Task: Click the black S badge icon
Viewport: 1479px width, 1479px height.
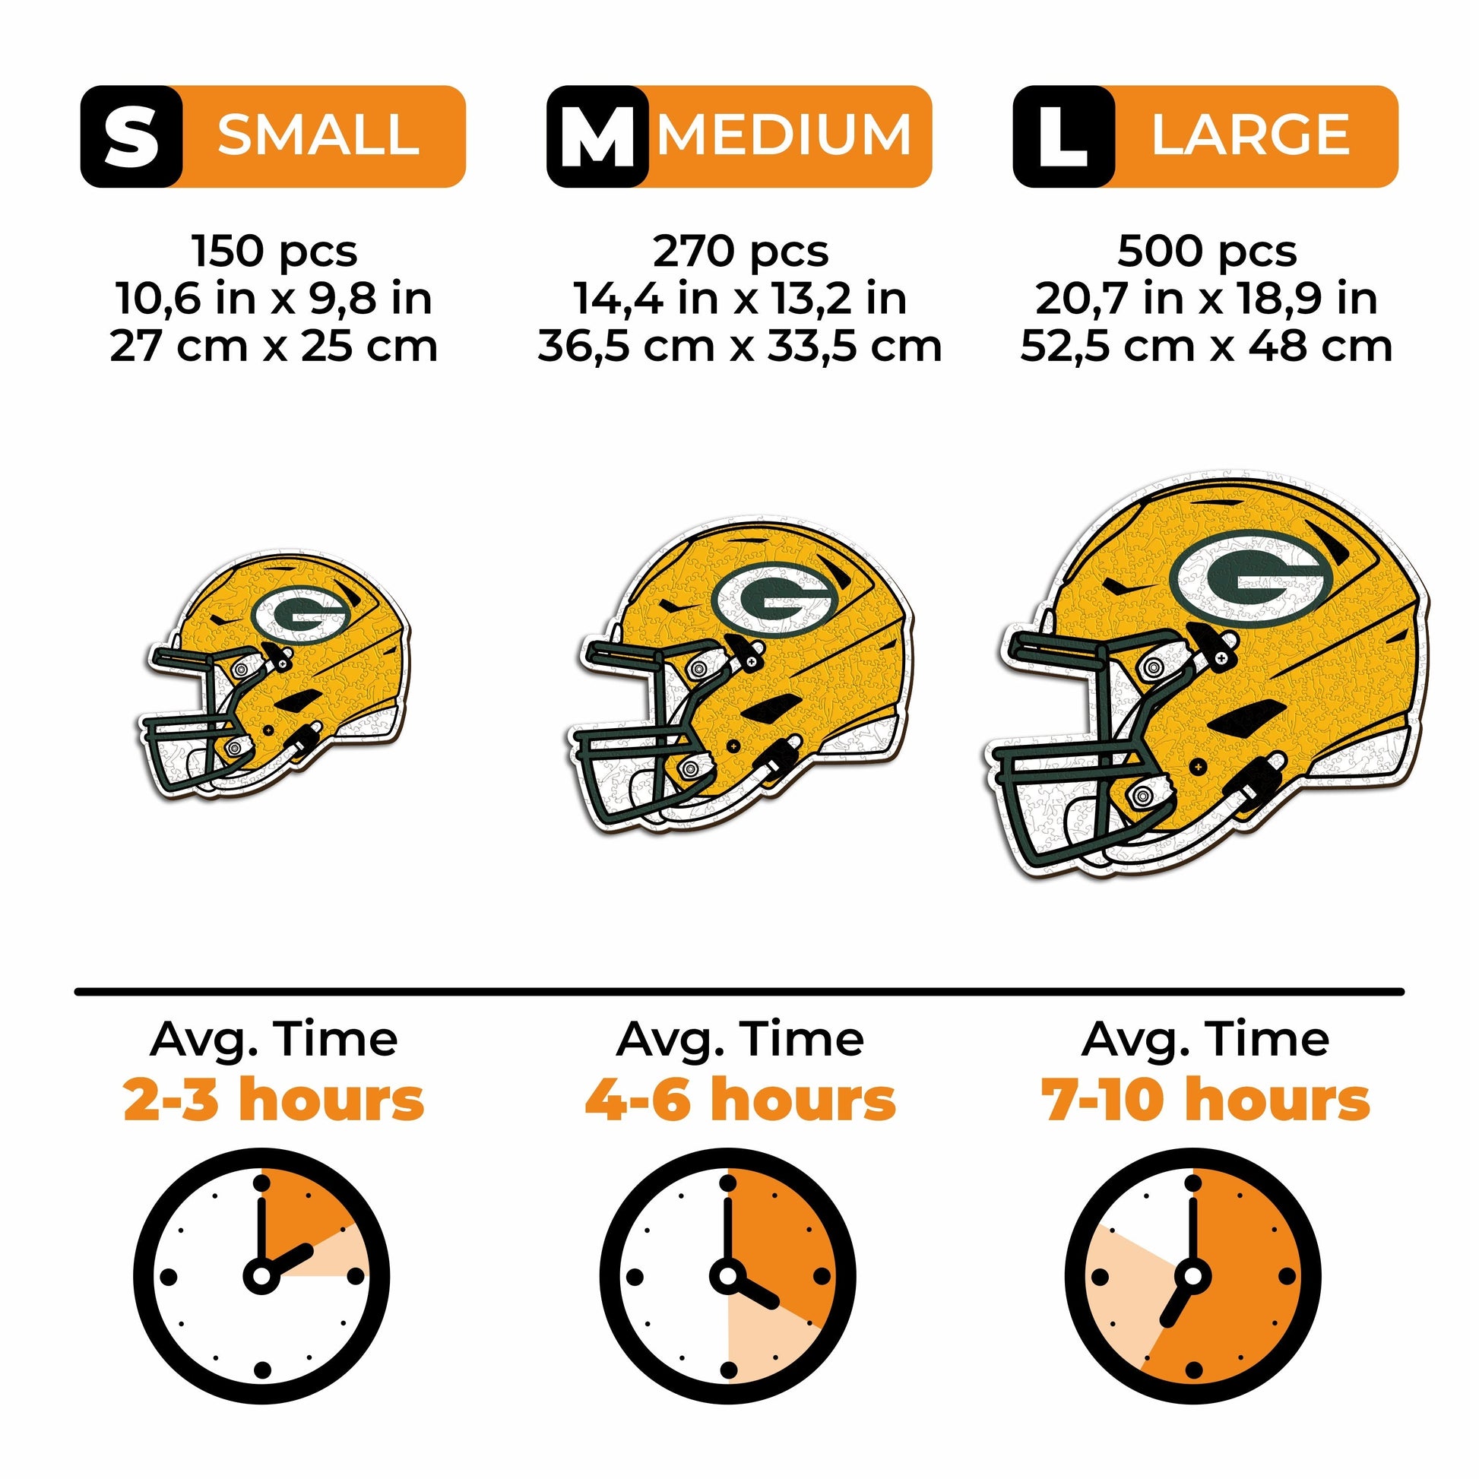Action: (x=131, y=136)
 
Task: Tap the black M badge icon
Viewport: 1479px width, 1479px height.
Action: (x=597, y=136)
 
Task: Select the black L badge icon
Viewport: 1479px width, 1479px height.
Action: (x=1063, y=136)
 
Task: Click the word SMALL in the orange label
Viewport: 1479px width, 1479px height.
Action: (x=318, y=135)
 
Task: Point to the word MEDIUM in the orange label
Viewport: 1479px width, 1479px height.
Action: (x=785, y=135)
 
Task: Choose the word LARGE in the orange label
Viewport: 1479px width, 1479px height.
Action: (x=1251, y=135)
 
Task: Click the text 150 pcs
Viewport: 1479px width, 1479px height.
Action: (x=274, y=250)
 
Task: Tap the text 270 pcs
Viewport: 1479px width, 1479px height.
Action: (x=740, y=250)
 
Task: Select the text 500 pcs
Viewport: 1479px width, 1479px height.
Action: (x=1206, y=250)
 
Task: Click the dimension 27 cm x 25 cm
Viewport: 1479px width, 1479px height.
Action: (x=274, y=346)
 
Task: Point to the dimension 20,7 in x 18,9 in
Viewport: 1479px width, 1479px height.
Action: (x=1206, y=299)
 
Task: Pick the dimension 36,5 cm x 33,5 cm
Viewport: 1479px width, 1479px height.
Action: (x=739, y=346)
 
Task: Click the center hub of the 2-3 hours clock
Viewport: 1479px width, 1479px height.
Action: (x=261, y=1277)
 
